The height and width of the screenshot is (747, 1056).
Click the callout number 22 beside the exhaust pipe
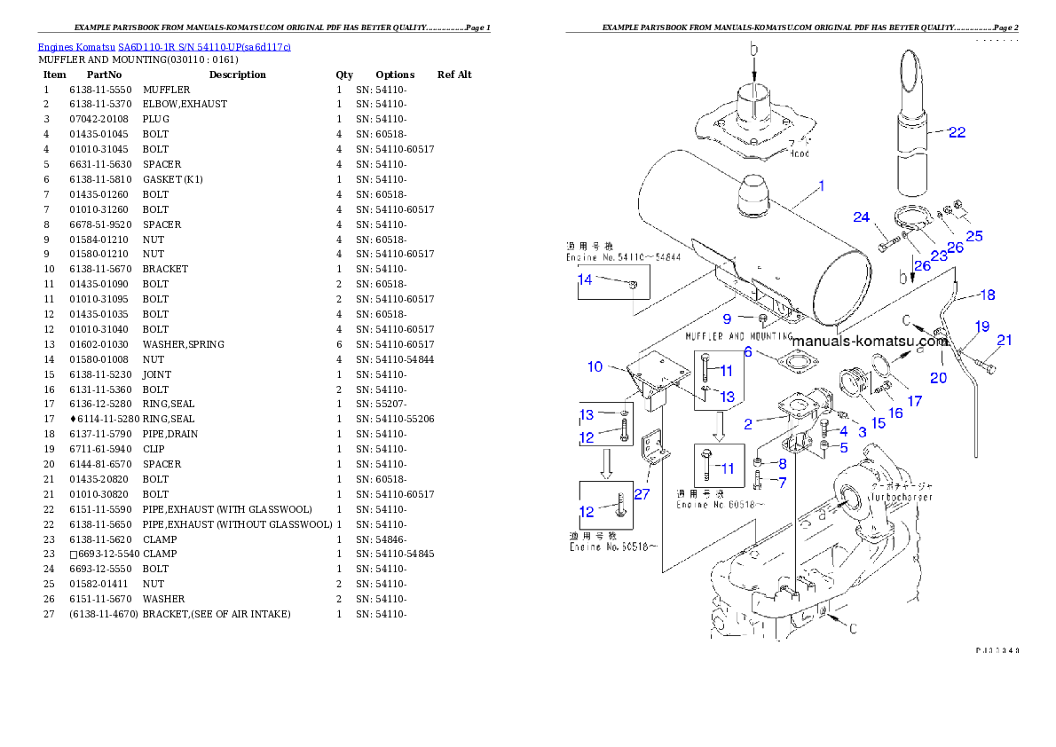point(957,132)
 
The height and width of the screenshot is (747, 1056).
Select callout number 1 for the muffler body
point(822,186)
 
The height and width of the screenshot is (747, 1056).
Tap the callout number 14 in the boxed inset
point(585,279)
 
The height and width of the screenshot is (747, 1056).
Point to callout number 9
point(727,318)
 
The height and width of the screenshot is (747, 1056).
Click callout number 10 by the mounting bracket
point(595,366)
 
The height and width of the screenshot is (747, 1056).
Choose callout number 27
point(642,494)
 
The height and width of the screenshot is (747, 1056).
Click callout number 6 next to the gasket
point(748,351)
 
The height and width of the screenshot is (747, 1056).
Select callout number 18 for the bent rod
point(987,295)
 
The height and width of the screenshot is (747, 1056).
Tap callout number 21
point(1004,340)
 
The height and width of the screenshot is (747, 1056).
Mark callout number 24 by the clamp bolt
point(862,217)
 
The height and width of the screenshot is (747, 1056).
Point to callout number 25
point(974,236)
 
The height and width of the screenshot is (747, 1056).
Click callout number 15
point(878,423)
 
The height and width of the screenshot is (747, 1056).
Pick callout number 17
point(914,401)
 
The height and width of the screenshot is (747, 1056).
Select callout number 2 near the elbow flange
point(748,424)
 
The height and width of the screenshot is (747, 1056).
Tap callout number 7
point(781,482)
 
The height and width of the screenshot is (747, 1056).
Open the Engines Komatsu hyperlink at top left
point(164,46)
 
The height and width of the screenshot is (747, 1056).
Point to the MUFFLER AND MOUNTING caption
point(738,337)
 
